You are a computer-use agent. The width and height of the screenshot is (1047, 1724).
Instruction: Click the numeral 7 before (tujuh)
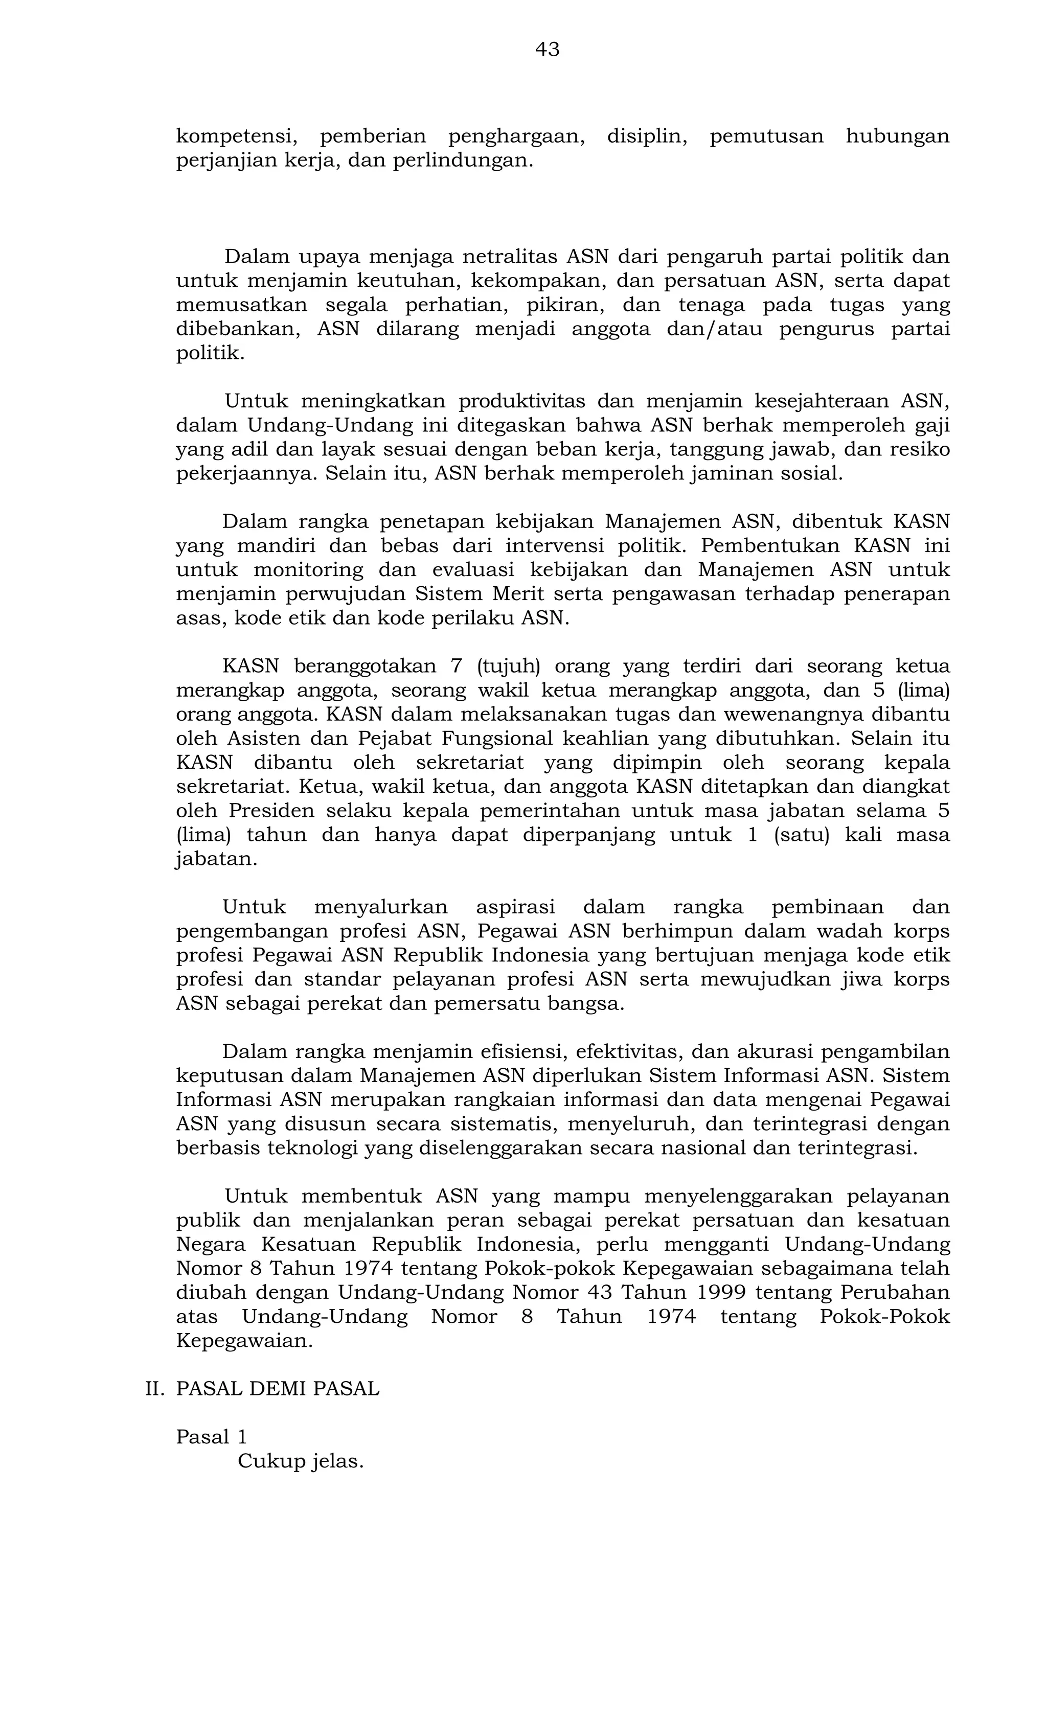coord(457,666)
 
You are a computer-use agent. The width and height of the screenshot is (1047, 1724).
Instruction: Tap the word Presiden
coord(259,811)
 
